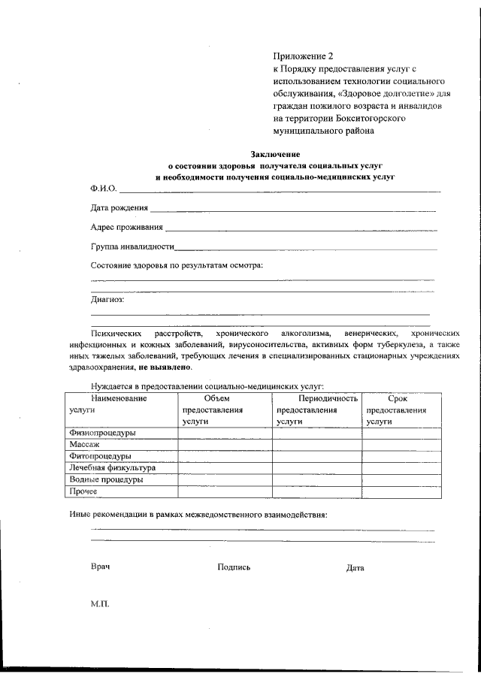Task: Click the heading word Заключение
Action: point(275,154)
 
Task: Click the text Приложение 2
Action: point(303,56)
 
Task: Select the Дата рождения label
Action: point(119,208)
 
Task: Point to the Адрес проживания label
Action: point(126,227)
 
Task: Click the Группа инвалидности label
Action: point(132,246)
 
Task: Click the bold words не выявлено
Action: point(165,368)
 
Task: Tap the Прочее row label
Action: point(83,491)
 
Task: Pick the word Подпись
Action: point(234,567)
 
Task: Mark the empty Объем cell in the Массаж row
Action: point(224,445)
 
